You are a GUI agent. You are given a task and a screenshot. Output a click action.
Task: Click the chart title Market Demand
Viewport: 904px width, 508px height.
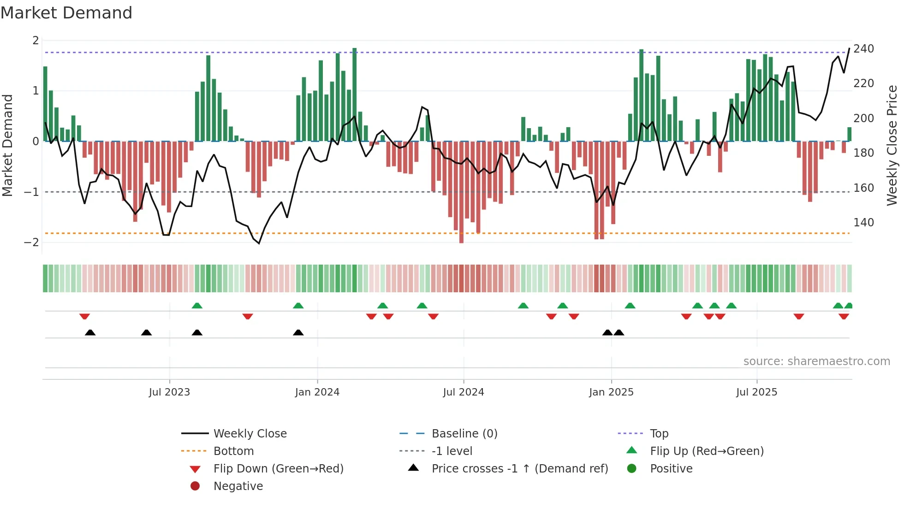[x=66, y=13]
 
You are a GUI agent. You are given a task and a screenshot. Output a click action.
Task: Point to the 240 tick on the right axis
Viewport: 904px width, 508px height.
[x=863, y=49]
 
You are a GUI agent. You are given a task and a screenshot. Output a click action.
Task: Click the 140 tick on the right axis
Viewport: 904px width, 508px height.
[x=863, y=223]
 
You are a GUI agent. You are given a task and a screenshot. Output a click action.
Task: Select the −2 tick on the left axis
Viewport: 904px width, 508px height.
[x=31, y=242]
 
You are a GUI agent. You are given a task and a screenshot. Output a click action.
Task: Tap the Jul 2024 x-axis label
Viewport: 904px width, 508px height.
[x=463, y=392]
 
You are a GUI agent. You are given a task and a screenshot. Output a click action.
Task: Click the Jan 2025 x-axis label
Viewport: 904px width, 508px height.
[x=611, y=392]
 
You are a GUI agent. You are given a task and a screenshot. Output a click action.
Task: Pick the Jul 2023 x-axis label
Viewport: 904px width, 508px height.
[x=169, y=392]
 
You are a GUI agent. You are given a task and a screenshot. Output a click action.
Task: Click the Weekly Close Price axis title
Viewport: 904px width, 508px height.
[x=892, y=145]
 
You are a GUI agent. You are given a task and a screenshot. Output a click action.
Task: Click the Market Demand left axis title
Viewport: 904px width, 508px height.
[x=7, y=145]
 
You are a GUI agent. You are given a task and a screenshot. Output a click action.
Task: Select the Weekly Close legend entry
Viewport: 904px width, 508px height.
[x=250, y=434]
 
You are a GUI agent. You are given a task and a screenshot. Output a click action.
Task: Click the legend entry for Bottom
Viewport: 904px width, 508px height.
[x=233, y=451]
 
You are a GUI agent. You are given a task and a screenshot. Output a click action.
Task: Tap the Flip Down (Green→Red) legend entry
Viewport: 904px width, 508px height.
[x=278, y=469]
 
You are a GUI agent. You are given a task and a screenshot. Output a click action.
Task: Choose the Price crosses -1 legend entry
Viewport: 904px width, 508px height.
[x=519, y=469]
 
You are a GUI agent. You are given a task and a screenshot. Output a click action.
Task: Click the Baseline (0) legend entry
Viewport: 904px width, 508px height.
[x=464, y=434]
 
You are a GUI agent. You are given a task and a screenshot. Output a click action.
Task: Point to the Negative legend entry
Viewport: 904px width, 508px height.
[x=238, y=486]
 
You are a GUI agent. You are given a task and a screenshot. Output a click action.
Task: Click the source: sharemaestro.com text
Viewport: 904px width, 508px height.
[x=816, y=361]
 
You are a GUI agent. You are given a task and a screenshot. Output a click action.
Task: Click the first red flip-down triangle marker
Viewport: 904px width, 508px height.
[x=84, y=316]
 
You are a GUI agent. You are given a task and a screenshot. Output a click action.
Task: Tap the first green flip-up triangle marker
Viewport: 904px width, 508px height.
[x=197, y=306]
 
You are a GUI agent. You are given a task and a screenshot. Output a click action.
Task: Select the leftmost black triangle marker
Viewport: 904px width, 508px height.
[x=90, y=332]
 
